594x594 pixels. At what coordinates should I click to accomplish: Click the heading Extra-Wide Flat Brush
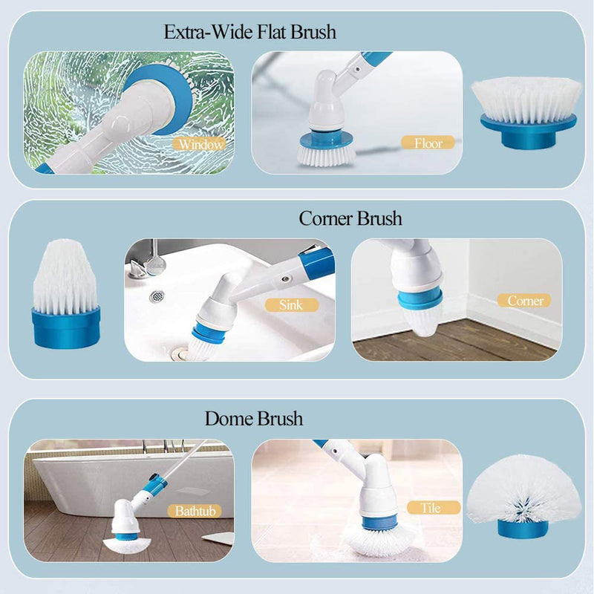(x=249, y=32)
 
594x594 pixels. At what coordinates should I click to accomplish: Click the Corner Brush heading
(x=350, y=218)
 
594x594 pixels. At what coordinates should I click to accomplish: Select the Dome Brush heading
(x=254, y=419)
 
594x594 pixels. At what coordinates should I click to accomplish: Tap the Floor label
(x=428, y=142)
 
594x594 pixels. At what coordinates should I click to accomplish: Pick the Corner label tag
(x=525, y=301)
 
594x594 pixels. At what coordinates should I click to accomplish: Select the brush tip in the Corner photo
(x=421, y=319)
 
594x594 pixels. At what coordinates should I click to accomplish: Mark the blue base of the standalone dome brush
(x=523, y=529)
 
